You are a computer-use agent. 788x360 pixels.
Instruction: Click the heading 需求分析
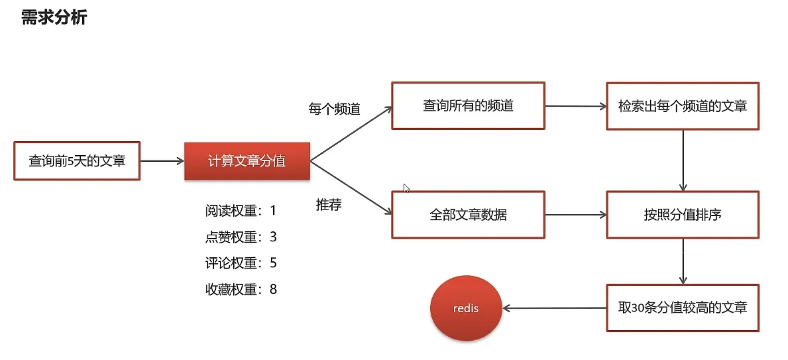pos(54,18)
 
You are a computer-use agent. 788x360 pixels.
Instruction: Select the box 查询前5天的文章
pos(77,160)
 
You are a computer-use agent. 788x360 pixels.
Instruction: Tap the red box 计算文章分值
pos(247,160)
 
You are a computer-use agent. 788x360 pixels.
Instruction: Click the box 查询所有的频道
pos(468,105)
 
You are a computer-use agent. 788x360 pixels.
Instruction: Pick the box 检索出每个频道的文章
pos(683,105)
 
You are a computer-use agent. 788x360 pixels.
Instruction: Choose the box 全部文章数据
pos(468,215)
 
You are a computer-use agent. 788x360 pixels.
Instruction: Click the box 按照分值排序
pos(683,215)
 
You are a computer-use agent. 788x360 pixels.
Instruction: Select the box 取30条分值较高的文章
pos(683,308)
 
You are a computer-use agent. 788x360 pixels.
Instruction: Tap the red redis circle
pos(465,309)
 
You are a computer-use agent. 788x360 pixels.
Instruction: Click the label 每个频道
pos(334,109)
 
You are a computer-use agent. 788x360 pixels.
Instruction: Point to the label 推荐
pos(329,205)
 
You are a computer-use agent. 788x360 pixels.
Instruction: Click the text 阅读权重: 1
pos(241,211)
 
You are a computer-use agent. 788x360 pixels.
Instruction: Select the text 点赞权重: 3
pos(241,237)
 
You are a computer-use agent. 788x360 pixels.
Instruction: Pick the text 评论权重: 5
pos(241,263)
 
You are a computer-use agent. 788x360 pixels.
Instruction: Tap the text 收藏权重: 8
pos(241,289)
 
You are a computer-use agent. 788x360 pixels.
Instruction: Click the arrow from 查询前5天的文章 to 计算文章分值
pos(162,160)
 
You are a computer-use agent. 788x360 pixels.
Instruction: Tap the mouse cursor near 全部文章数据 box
pos(406,188)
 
